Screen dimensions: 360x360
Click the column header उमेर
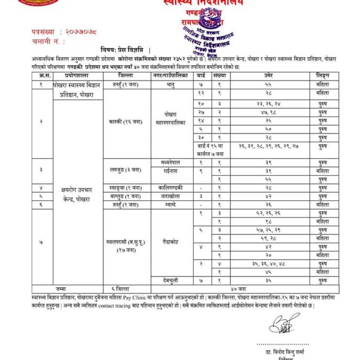[x=270, y=76]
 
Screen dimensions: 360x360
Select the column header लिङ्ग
[x=324, y=76]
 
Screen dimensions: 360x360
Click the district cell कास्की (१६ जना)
[x=125, y=122]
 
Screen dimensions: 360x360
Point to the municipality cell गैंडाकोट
[x=172, y=242]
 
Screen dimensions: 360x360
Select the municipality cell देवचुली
[x=172, y=281]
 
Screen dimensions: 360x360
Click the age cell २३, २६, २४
[x=270, y=104]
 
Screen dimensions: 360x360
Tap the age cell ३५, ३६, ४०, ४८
[x=270, y=264]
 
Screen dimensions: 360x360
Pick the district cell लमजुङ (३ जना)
[x=125, y=170]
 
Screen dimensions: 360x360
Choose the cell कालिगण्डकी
[x=172, y=188]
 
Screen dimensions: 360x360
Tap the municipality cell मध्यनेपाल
[x=172, y=162]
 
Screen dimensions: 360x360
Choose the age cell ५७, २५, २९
[x=270, y=230]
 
